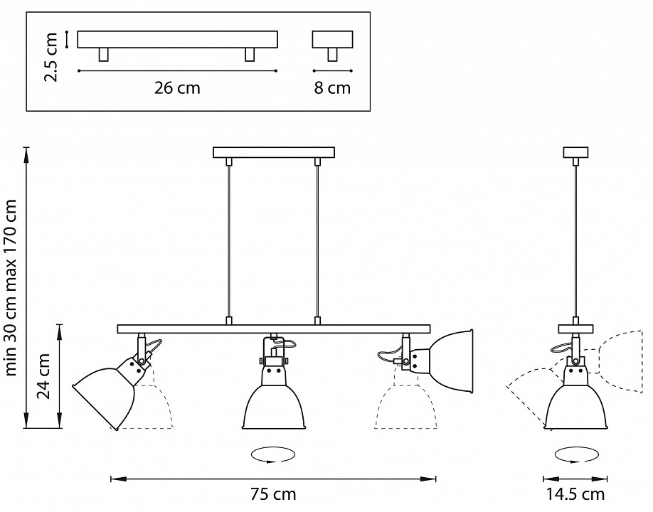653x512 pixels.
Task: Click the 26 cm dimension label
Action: pos(177,88)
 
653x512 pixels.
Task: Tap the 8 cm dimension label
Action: pos(332,88)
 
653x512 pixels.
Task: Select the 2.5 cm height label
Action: pos(51,57)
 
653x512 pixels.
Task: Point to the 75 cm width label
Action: pos(273,494)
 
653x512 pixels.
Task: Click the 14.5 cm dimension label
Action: pos(575,494)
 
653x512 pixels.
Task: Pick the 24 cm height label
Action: pos(43,376)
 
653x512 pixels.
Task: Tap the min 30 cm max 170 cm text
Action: pos(11,287)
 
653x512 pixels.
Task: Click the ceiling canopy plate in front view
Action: pos(274,152)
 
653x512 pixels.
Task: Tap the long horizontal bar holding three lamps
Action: pos(274,329)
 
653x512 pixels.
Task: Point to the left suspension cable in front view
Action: pos(228,242)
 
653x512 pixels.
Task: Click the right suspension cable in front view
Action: pos(317,242)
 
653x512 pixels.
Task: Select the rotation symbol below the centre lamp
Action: pos(273,454)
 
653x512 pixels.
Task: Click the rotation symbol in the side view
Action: pos(576,454)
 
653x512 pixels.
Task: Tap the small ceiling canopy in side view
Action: pos(576,152)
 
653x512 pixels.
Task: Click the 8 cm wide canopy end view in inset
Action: pos(332,40)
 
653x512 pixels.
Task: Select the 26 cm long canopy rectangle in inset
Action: pos(177,40)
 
